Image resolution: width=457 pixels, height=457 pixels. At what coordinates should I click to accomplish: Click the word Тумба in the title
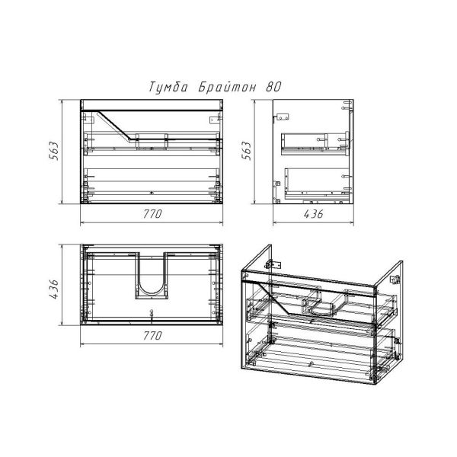(x=168, y=87)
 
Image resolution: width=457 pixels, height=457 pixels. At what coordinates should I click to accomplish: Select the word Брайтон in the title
(x=227, y=87)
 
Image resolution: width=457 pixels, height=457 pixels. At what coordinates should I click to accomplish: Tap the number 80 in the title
(x=273, y=87)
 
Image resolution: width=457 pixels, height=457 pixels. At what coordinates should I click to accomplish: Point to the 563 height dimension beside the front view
(x=54, y=151)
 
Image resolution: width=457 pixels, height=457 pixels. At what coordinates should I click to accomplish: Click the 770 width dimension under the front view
(x=152, y=214)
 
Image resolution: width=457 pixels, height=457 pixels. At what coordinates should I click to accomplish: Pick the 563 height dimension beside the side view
(x=247, y=151)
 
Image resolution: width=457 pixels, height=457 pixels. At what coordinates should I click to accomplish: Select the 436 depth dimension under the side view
(x=313, y=214)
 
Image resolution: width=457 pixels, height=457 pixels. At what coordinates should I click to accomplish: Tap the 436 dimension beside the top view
(x=54, y=289)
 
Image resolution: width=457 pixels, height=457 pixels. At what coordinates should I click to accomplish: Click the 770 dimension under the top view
(x=152, y=336)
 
